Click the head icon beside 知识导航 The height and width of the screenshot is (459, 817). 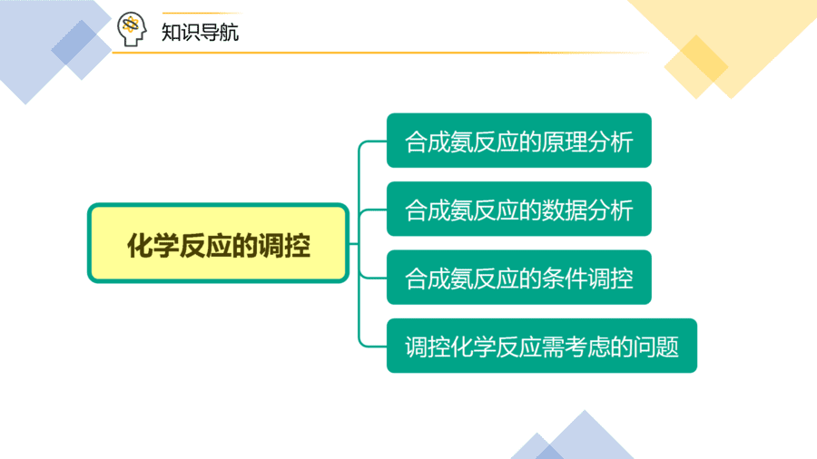tap(132, 29)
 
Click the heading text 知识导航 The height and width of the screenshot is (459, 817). tap(200, 33)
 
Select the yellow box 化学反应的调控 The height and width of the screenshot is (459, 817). tap(218, 243)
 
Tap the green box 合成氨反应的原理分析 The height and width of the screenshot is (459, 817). tap(519, 141)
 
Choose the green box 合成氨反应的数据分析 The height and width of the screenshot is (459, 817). tap(519, 209)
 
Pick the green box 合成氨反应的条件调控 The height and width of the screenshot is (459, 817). tap(519, 278)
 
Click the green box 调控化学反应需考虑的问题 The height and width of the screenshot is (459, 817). tap(542, 346)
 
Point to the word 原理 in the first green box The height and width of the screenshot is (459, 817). tap(565, 142)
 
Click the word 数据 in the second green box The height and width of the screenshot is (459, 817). tap(565, 210)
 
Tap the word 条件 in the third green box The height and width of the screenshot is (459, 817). tap(565, 278)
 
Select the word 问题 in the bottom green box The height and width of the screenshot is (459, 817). tap(656, 347)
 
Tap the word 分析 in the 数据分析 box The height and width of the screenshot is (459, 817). tap(610, 210)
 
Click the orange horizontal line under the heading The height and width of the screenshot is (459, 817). tap(380, 53)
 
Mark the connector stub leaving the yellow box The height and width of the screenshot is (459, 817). tap(354, 243)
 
